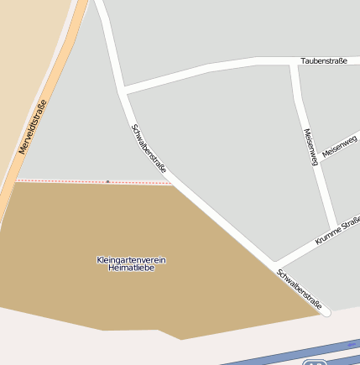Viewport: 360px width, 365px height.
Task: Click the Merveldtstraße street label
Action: coord(32,127)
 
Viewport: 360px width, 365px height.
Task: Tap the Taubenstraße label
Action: coord(323,60)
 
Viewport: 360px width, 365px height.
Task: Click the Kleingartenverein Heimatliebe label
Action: coord(131,263)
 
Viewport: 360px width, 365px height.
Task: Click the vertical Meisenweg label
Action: coord(310,147)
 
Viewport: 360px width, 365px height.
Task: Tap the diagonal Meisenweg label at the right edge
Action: coord(340,145)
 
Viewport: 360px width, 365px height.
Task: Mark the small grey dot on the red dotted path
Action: coord(107,180)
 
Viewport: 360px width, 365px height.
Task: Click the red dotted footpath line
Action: coord(67,180)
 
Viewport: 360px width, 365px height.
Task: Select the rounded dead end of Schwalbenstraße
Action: coord(326,312)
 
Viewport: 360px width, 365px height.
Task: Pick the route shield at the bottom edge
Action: coord(316,362)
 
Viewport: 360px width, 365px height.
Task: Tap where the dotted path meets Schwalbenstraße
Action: coord(172,181)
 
